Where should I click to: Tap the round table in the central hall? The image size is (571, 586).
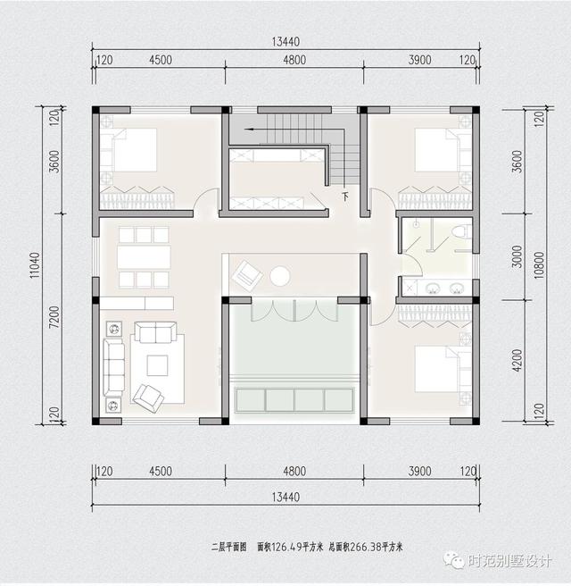coord(281,275)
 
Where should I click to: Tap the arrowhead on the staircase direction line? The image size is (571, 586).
coord(252,130)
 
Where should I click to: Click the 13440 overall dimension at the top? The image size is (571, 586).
coord(286,42)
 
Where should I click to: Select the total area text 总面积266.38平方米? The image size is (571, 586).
coord(366,546)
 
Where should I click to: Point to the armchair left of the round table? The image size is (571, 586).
coord(244,273)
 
